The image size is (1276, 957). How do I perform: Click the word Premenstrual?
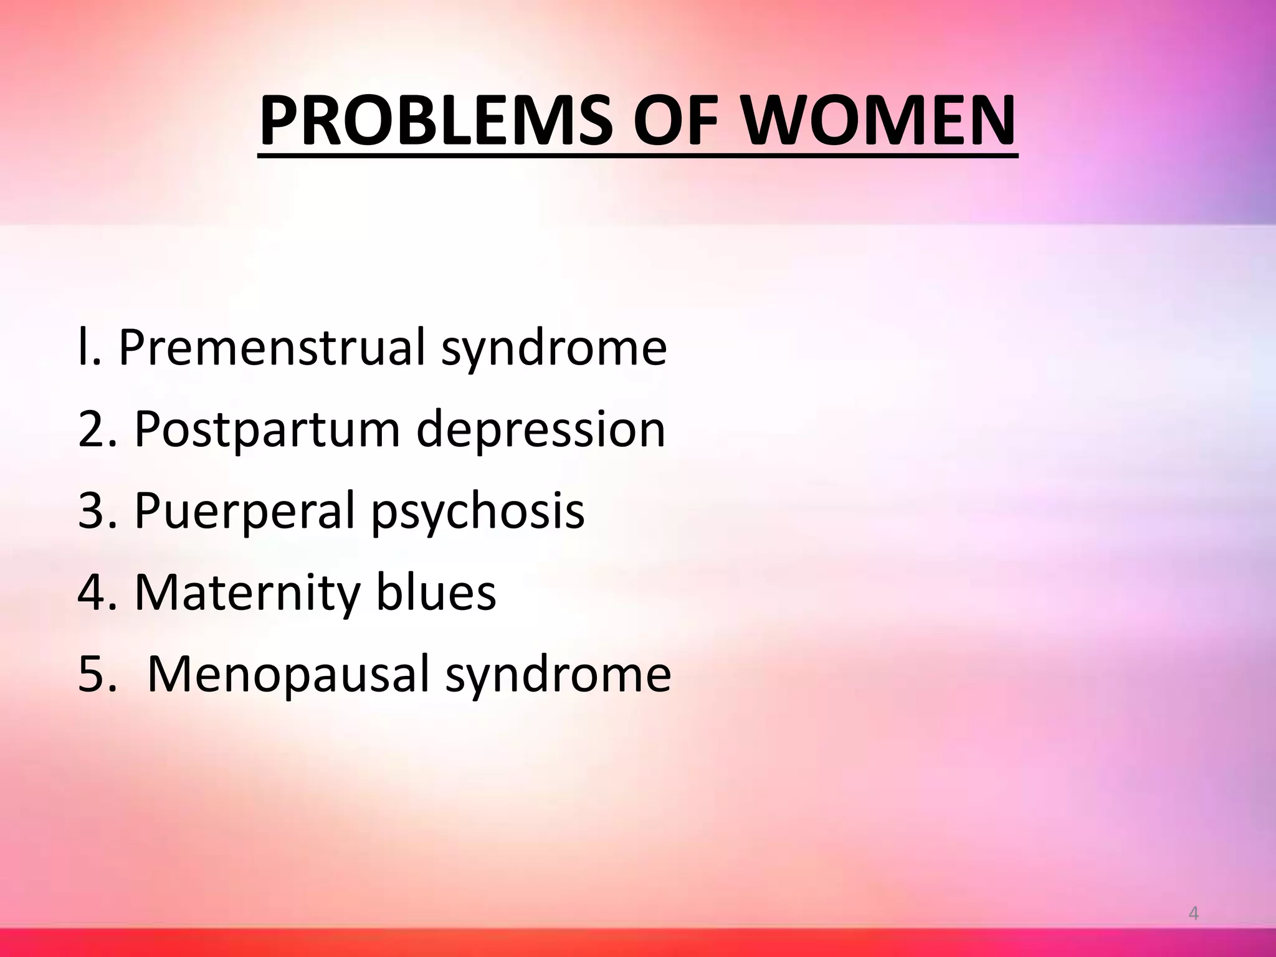pyautogui.click(x=271, y=347)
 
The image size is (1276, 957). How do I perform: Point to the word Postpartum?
pyautogui.click(x=267, y=430)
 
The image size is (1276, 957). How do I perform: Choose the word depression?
pyautogui.click(x=541, y=430)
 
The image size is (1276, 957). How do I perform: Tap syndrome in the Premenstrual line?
pyautogui.click(x=554, y=348)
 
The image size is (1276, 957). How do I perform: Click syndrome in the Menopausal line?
pyautogui.click(x=558, y=675)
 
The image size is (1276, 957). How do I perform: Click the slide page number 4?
pyautogui.click(x=1194, y=914)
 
